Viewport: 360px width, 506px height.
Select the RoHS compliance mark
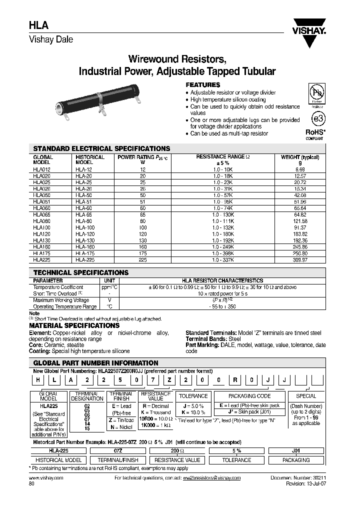click(x=315, y=134)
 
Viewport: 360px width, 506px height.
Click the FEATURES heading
click(x=203, y=85)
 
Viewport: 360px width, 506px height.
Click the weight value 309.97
click(x=300, y=260)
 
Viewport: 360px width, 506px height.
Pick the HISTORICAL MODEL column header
click(x=90, y=159)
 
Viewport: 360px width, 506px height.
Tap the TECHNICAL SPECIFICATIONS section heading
click(x=80, y=273)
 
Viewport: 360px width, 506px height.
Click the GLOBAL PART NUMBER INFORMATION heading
click(x=95, y=363)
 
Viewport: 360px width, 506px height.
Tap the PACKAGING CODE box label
click(x=249, y=396)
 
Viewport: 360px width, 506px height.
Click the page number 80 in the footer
click(x=32, y=484)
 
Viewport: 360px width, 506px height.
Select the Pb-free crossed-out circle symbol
click(x=316, y=94)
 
